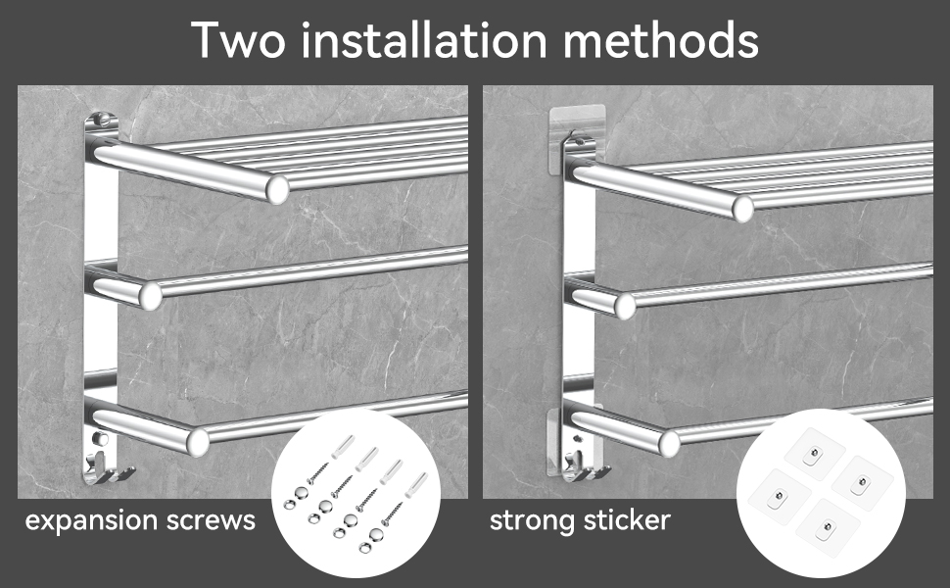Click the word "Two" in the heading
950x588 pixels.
238,40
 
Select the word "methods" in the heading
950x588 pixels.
661,39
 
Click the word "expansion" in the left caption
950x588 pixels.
91,521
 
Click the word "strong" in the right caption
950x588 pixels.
533,521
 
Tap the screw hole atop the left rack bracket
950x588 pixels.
103,119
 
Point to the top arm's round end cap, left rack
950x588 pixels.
277,189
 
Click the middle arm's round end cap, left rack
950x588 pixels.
150,296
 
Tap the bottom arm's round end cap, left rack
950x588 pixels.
198,442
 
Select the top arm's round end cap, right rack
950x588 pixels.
742,209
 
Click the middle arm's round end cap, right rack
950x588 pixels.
625,307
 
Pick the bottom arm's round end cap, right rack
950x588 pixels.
670,444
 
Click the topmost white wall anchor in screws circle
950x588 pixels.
343,447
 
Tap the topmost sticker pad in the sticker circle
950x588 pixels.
814,455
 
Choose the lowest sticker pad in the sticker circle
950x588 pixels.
827,528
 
